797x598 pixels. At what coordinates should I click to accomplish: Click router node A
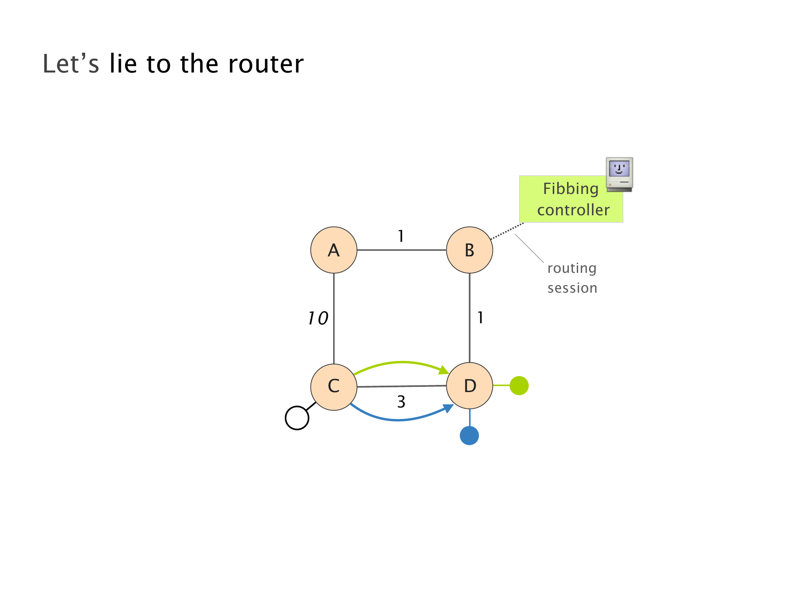(334, 250)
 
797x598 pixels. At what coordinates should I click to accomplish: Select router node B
(469, 250)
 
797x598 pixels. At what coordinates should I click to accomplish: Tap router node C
(334, 386)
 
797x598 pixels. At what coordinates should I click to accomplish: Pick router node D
(469, 386)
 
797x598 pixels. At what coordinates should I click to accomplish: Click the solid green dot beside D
(519, 385)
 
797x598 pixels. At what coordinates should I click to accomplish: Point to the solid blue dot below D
(469, 435)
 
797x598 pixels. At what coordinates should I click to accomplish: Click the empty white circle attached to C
(297, 418)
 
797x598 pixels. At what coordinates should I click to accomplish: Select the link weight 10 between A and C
(318, 318)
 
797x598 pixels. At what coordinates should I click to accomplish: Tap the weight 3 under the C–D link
(401, 402)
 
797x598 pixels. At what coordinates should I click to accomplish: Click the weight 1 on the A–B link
(401, 236)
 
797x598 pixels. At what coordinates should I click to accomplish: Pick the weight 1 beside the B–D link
(480, 318)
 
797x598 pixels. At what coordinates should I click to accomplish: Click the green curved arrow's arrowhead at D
(444, 370)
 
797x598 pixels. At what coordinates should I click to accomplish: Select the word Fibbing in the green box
(571, 189)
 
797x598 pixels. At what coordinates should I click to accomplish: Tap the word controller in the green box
(573, 210)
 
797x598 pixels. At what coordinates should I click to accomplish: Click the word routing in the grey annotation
(572, 268)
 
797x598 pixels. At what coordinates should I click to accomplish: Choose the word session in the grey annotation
(572, 288)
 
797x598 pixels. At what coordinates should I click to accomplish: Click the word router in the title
(266, 64)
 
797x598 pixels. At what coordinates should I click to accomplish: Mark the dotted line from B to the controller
(507, 231)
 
